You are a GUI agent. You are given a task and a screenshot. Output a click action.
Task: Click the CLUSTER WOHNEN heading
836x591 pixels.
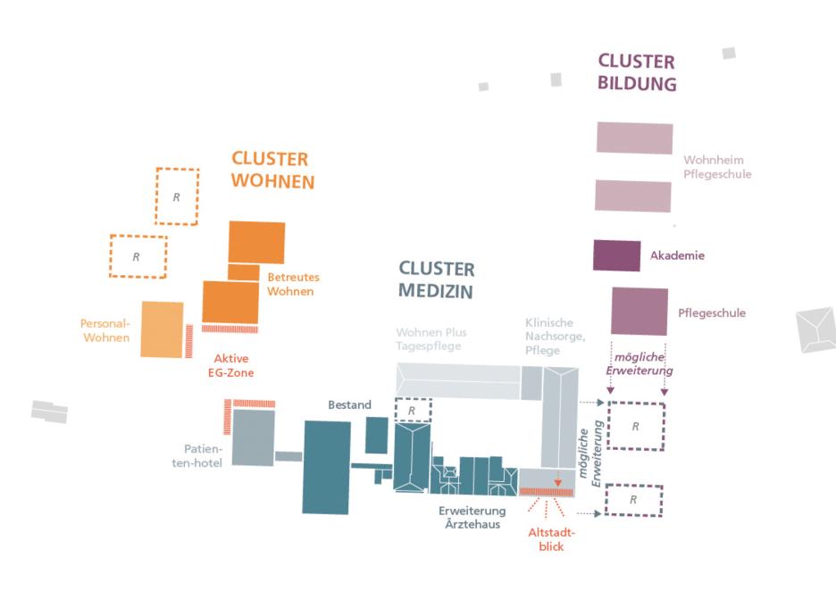point(272,170)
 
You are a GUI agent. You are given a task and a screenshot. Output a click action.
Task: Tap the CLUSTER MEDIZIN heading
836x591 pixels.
point(436,279)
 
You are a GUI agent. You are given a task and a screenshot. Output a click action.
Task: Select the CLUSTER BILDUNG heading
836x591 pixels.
point(637,73)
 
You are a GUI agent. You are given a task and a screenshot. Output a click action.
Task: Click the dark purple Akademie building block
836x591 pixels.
point(616,256)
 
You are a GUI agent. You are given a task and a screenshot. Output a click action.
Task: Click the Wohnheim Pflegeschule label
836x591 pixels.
point(717,168)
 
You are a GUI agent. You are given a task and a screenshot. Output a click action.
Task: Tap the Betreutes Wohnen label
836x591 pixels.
point(293,284)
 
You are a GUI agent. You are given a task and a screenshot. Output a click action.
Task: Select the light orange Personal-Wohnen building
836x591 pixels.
point(162,329)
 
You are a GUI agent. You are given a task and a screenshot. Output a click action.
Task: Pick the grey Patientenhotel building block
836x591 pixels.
point(253,437)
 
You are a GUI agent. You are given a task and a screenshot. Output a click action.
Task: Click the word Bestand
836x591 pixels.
point(349,405)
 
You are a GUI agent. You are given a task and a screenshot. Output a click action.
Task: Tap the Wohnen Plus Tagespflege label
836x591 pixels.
point(431,339)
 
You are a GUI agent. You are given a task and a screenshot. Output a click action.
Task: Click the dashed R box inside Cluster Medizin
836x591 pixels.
point(413,411)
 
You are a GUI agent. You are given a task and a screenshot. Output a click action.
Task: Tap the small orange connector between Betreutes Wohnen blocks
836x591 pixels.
point(243,271)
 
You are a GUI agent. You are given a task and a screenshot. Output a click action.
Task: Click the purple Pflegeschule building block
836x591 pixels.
point(640,312)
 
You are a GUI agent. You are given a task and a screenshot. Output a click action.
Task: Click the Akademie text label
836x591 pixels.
point(678,256)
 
